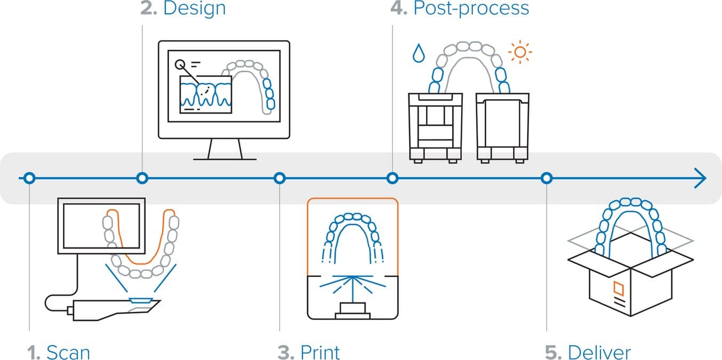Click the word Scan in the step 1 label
(68, 353)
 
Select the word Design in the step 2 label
(194, 8)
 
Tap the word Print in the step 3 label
(320, 353)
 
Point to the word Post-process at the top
(471, 8)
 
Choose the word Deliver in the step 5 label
(599, 353)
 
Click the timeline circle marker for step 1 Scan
(30, 178)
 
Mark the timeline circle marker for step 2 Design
(142, 178)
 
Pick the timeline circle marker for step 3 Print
(279, 178)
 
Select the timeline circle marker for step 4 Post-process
(392, 178)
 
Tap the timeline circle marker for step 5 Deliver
(546, 178)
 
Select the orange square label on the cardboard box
(619, 289)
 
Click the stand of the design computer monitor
(224, 149)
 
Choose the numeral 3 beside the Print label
(284, 353)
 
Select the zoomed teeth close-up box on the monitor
(206, 94)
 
